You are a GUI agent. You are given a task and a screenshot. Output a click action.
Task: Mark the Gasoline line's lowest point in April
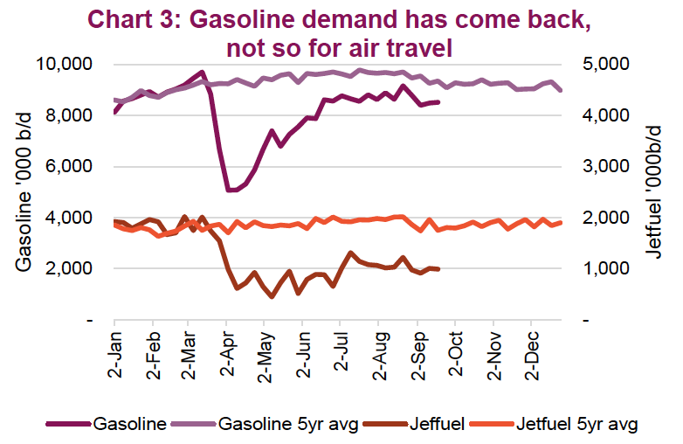coord(230,190)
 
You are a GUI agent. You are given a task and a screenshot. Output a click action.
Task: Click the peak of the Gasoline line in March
coord(202,72)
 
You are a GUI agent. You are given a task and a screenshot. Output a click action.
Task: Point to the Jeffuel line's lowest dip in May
coord(272,296)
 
